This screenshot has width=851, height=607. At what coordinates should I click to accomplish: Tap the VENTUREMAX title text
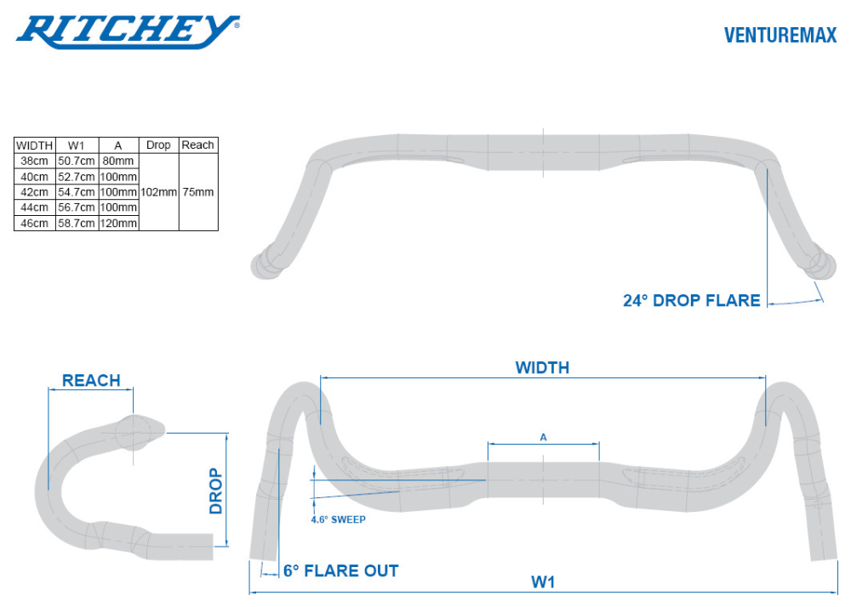coord(780,35)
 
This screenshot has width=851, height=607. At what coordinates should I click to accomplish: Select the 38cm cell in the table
coord(34,161)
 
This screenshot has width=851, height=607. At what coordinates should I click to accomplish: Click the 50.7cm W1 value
coord(77,161)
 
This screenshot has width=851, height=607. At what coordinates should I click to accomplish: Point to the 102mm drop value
coord(158,192)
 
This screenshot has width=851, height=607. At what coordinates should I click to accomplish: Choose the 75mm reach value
coord(198,192)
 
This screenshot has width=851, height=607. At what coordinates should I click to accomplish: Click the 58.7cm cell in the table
coord(77,223)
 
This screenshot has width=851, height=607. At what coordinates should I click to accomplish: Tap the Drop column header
coord(158,145)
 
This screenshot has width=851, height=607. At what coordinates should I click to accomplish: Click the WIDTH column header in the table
coord(35,145)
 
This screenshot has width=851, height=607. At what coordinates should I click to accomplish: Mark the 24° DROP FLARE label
coord(691,300)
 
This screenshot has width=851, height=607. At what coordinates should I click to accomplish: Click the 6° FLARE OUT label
coord(340,570)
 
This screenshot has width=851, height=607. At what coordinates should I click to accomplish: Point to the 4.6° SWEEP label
coord(338,519)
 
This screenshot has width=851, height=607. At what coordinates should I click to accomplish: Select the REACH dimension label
coord(91,380)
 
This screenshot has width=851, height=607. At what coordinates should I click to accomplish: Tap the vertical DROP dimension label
coord(216,491)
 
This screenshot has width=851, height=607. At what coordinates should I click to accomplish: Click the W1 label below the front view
coord(544,581)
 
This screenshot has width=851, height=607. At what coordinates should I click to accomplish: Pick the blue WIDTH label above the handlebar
coord(542,367)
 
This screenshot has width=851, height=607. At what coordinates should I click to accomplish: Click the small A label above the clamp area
coord(544,437)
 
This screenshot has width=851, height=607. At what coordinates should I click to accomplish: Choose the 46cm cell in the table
coord(34,223)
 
